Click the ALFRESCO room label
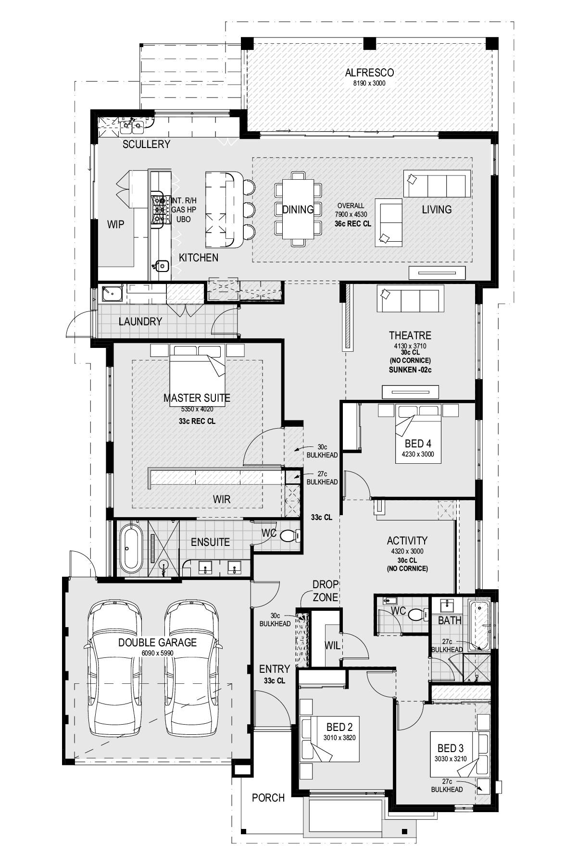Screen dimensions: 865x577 pos(369,73)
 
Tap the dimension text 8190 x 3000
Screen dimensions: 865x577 pos(369,83)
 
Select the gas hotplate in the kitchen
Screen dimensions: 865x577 pos(159,210)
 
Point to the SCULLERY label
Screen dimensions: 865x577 pos(146,144)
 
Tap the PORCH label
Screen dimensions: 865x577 pos(268,798)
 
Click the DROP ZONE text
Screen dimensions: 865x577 pos(326,591)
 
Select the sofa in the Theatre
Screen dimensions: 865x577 pos(410,300)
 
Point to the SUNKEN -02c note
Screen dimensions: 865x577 pos(410,370)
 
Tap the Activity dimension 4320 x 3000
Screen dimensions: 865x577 pos(407,551)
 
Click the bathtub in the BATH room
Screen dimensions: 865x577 pos(479,625)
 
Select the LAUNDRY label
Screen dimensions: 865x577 pos(140,321)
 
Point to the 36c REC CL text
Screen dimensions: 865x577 pos(352,224)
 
